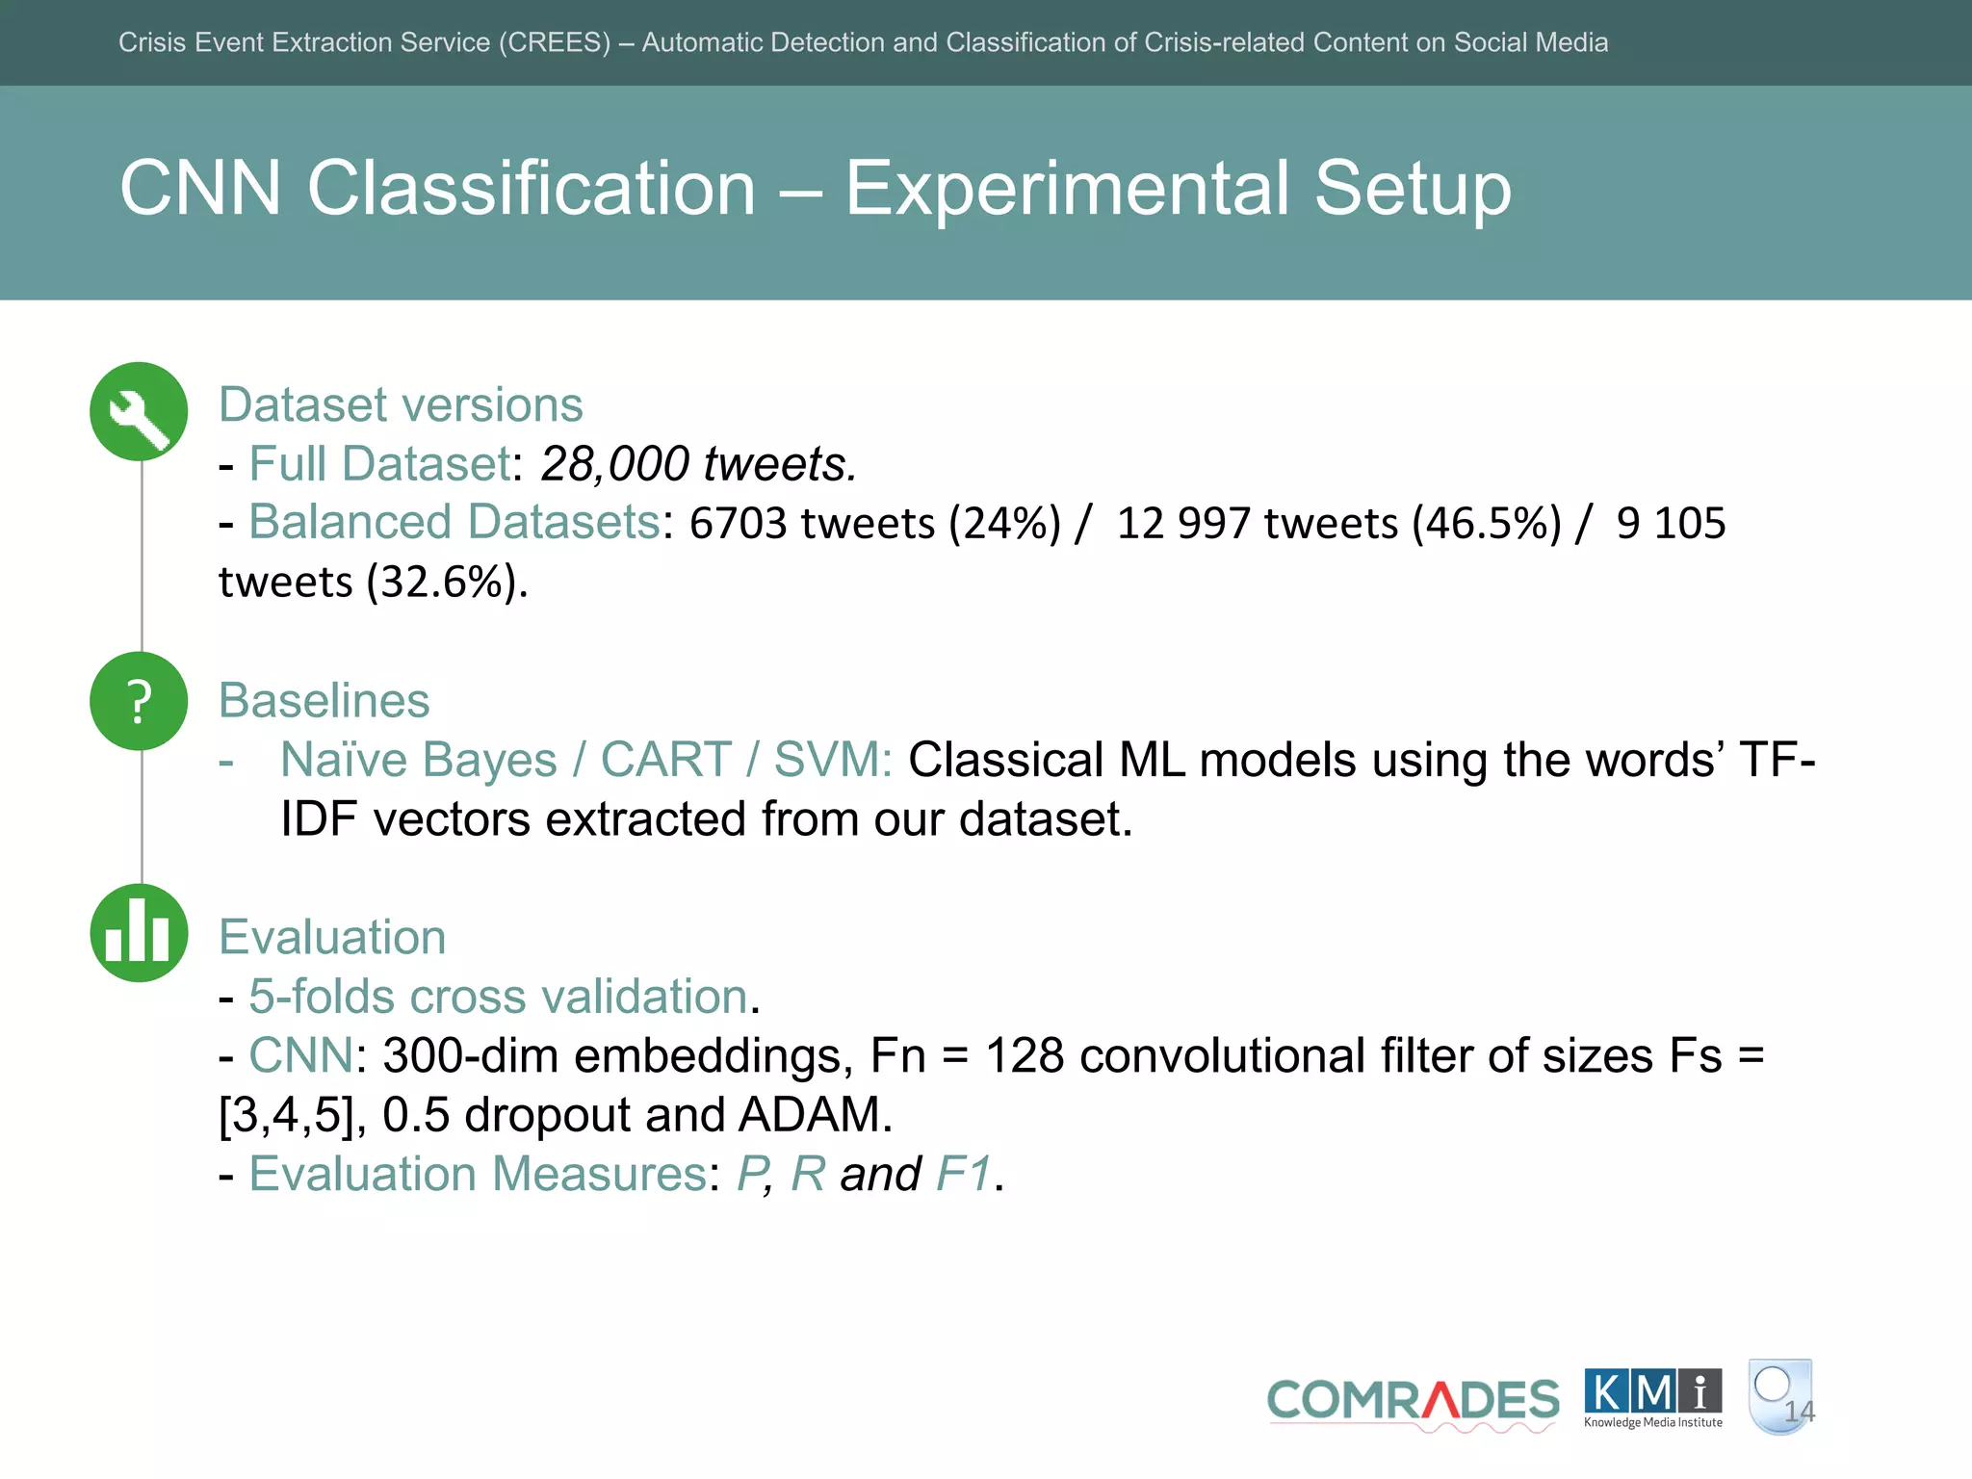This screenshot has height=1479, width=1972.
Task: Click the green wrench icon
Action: [139, 411]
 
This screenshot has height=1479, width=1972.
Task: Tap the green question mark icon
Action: [139, 701]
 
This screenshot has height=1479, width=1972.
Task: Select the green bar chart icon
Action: [139, 933]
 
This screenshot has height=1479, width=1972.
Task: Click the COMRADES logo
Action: [1413, 1401]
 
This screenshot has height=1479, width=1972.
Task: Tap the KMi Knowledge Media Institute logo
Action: [1652, 1398]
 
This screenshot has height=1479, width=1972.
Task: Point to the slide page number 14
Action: [1799, 1412]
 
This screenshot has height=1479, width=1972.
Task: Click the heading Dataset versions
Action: [401, 404]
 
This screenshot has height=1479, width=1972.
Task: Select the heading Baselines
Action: [324, 700]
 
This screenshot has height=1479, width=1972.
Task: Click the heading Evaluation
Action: [332, 937]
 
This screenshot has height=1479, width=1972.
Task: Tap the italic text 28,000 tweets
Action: [697, 464]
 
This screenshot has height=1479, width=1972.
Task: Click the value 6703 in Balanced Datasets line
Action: [738, 524]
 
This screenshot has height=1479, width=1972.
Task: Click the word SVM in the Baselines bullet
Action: [832, 760]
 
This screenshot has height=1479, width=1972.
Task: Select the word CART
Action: [665, 760]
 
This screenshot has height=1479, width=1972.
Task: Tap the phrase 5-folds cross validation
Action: [498, 997]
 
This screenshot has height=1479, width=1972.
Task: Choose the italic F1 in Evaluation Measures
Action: [963, 1174]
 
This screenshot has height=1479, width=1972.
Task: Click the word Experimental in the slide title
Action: [1067, 188]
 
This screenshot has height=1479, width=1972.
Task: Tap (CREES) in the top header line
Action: [554, 42]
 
